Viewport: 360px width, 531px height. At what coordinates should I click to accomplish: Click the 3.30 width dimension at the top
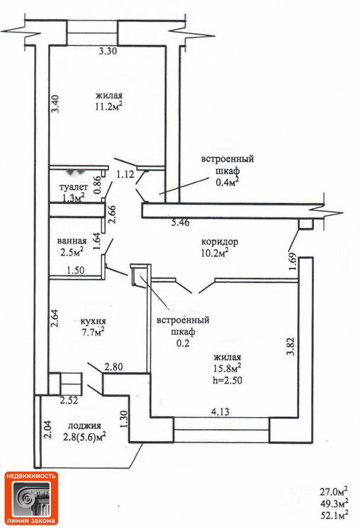(108, 52)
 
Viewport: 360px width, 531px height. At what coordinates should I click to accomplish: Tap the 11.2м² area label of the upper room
(108, 107)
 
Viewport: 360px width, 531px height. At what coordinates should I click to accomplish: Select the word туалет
(74, 187)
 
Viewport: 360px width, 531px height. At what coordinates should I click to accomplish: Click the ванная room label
(72, 241)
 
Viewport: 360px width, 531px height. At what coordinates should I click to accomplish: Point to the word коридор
(220, 242)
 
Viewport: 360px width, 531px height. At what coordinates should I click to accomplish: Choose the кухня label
(94, 321)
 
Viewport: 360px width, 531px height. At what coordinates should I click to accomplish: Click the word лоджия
(84, 426)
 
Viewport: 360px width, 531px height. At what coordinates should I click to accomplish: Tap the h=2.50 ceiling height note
(227, 380)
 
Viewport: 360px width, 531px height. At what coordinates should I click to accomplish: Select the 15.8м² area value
(227, 368)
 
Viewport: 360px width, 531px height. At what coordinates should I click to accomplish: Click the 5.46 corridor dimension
(181, 223)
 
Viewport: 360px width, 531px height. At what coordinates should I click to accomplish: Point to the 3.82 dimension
(290, 346)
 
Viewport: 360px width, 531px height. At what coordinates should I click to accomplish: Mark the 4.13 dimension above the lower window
(220, 412)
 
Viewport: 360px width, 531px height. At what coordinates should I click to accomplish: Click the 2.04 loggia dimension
(47, 430)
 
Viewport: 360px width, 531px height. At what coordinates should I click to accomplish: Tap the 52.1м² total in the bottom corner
(334, 515)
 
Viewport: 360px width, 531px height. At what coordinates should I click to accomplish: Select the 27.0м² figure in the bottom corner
(334, 491)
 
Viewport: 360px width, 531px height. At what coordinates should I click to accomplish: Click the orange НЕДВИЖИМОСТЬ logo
(31, 498)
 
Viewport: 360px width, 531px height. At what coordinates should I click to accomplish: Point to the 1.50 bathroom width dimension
(76, 270)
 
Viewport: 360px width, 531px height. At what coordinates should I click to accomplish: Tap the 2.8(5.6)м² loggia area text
(84, 437)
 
